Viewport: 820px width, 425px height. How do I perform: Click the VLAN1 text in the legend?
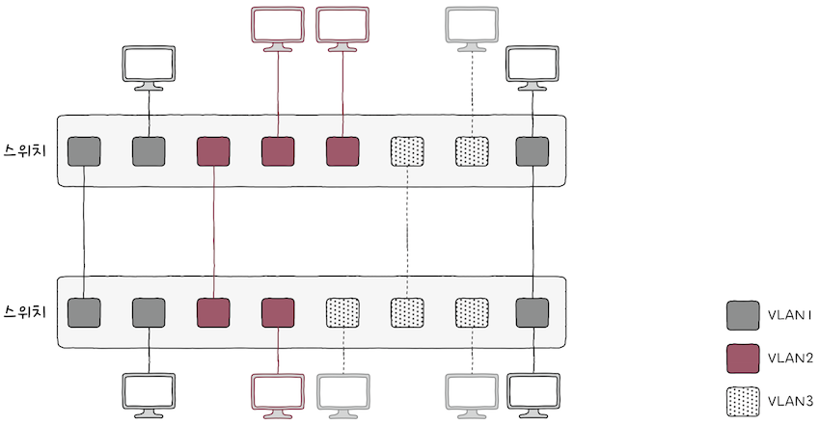790,315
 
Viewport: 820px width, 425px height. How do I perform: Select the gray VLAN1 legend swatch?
743,315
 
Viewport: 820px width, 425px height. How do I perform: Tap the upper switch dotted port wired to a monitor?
473,151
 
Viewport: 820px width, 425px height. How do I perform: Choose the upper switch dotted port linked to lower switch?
407,151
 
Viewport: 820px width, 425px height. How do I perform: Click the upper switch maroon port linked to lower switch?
213,151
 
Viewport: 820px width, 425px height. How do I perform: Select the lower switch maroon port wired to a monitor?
278,312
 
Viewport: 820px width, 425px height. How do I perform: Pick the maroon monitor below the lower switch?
278,393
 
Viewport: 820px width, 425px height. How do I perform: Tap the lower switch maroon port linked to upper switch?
213,312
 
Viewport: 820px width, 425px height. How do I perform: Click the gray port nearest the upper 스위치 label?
85,151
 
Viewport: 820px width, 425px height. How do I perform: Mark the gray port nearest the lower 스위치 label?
85,312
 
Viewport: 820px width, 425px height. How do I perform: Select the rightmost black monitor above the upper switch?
533,66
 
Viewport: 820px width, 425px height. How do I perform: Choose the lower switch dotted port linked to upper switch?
407,312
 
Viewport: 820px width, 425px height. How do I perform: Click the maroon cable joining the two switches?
213,231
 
